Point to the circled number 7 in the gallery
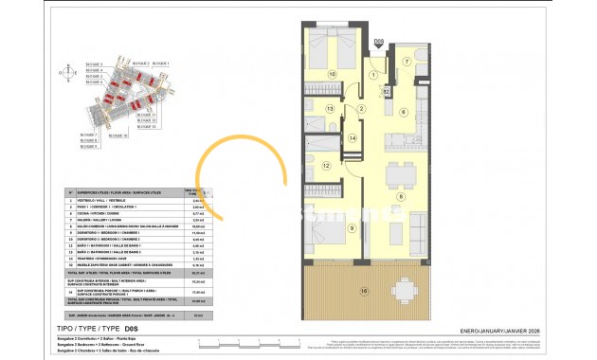pos(406,62)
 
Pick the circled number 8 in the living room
pos(401,197)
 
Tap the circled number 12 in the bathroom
pos(325,166)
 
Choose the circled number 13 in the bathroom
pos(330,110)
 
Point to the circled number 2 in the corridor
pos(361,109)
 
